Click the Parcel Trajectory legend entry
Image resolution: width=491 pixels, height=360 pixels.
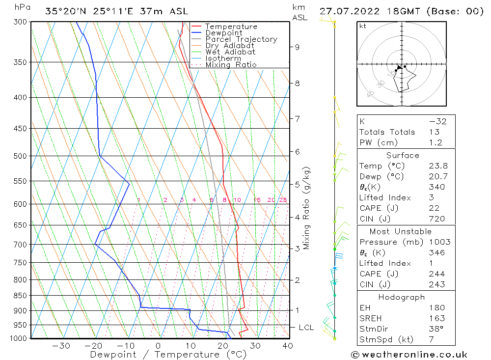coord(241,39)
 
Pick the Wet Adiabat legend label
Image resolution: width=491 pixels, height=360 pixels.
coord(230,52)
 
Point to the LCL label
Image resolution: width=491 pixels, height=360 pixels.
coord(306,327)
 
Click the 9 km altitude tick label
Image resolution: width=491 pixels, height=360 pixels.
coord(297,47)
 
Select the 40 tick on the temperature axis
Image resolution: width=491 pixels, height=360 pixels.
coord(288,346)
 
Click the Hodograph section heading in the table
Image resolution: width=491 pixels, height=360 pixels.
coord(402,297)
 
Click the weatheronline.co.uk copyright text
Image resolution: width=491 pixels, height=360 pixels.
coord(409,355)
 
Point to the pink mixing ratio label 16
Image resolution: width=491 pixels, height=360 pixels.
coord(257,200)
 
